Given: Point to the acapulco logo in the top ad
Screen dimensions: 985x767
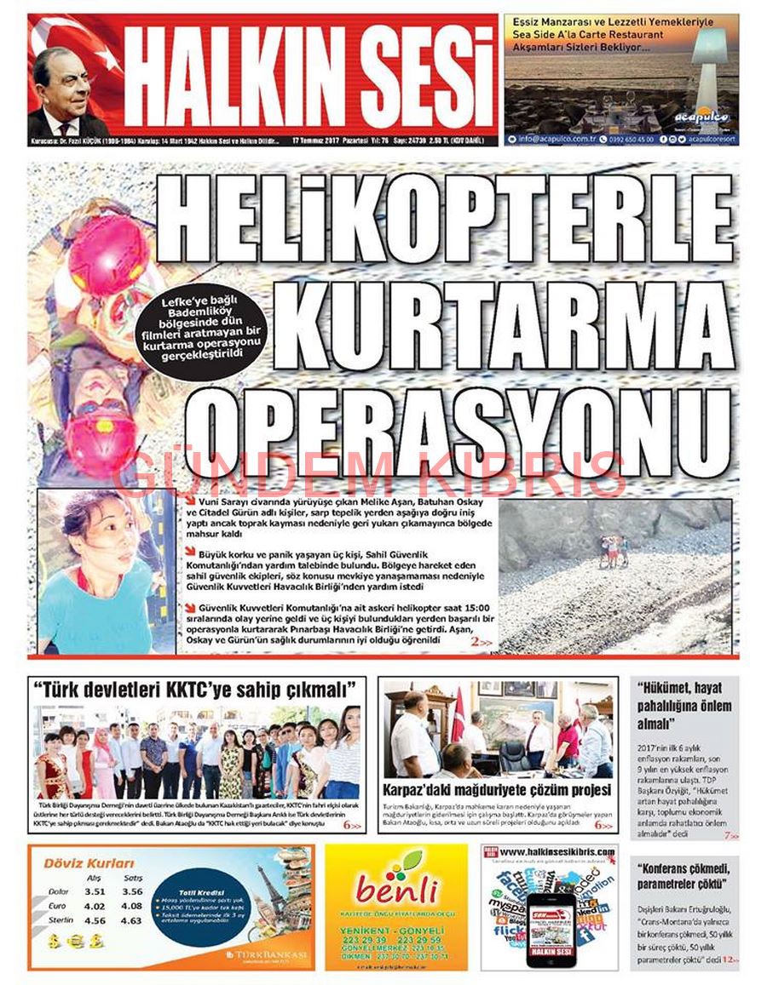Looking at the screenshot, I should click(701, 116).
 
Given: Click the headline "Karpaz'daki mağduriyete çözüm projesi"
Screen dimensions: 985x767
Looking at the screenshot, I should click(497, 789).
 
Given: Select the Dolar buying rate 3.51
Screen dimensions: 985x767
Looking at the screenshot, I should click(95, 891).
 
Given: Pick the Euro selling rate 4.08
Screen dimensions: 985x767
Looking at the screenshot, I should click(132, 906).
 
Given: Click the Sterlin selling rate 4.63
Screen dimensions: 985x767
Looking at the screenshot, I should click(132, 920).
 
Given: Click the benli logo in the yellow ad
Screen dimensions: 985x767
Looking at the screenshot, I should click(396, 890).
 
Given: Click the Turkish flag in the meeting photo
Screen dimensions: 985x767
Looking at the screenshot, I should click(458, 714).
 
